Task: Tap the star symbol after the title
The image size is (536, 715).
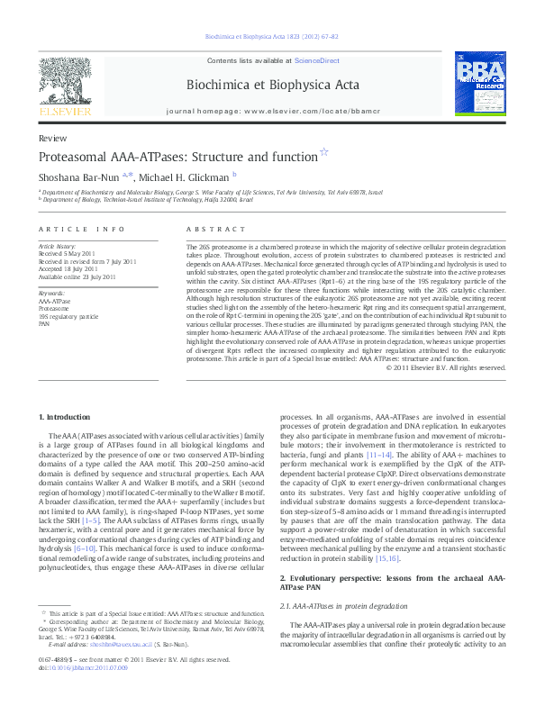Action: [324, 153]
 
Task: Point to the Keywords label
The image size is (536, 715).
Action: [52, 294]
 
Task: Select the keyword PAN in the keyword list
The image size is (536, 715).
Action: [44, 322]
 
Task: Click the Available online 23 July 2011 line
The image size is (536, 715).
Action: [77, 277]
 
